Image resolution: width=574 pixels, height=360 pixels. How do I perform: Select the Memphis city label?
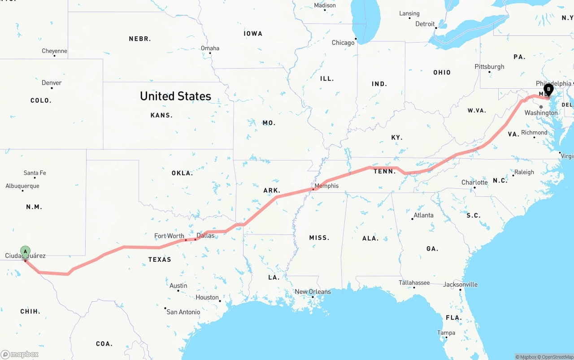tap(326, 186)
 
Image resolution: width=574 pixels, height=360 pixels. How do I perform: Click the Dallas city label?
tap(205, 235)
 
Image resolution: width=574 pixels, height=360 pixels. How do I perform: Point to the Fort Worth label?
tap(169, 236)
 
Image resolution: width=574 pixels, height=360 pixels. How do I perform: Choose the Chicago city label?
tap(343, 43)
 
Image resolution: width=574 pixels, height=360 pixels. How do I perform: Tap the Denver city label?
tap(52, 82)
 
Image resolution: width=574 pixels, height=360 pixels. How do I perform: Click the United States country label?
tap(175, 96)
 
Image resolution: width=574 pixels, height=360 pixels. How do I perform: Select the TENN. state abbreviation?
tap(384, 171)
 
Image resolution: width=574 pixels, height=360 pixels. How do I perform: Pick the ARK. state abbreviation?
tap(272, 191)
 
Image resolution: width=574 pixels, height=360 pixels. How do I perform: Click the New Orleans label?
tap(313, 291)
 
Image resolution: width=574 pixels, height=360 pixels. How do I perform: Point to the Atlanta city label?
tap(423, 215)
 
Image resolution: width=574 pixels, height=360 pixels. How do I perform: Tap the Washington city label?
tap(541, 113)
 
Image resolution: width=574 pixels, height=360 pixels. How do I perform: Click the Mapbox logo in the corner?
tap(20, 354)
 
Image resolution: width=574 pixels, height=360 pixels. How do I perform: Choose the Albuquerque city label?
tap(22, 186)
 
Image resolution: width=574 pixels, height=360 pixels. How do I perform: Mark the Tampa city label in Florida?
tap(446, 333)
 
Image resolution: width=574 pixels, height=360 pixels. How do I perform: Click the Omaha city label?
tap(210, 48)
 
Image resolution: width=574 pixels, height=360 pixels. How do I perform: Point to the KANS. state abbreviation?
tap(161, 115)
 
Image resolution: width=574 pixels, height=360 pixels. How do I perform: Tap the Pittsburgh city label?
tap(489, 67)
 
